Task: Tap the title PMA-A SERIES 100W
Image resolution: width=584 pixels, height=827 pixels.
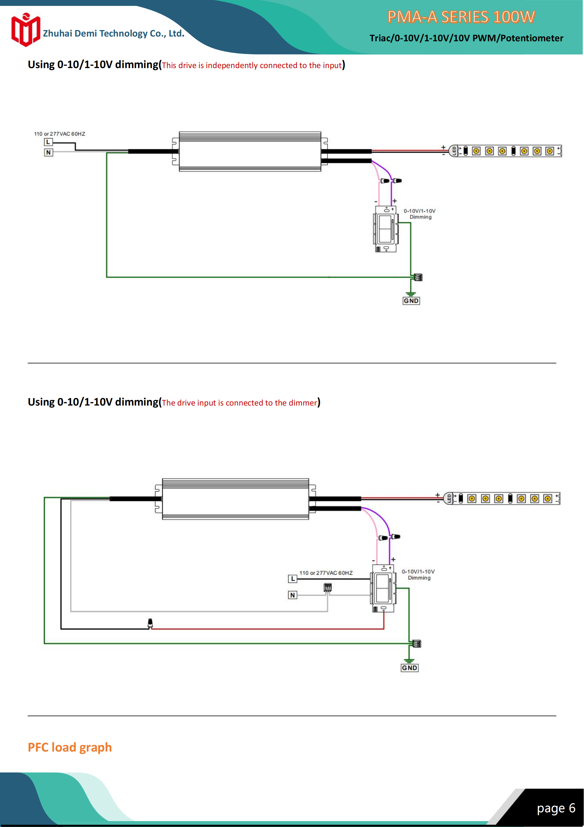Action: point(461,17)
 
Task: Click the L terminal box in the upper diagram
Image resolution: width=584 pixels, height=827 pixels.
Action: point(48,142)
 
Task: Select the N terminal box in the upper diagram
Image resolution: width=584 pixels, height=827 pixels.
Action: point(48,152)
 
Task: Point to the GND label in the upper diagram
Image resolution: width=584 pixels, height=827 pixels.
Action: point(411,301)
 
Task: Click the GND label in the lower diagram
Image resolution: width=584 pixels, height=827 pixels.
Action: point(409,668)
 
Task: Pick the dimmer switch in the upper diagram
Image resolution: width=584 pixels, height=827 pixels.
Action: point(386,229)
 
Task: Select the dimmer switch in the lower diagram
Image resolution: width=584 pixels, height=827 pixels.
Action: point(383,588)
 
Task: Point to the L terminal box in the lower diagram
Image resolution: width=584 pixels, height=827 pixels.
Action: point(293,579)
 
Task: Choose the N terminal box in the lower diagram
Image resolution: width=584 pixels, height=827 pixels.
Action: point(293,595)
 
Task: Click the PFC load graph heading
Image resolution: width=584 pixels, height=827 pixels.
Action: point(70,747)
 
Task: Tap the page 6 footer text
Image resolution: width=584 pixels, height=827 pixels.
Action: point(556,808)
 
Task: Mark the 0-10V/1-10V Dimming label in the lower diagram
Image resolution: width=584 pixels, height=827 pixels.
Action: point(419,574)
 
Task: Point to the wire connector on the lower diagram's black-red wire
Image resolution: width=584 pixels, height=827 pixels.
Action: point(150,623)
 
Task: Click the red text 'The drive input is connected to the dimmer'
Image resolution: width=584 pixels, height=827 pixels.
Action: point(239,403)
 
